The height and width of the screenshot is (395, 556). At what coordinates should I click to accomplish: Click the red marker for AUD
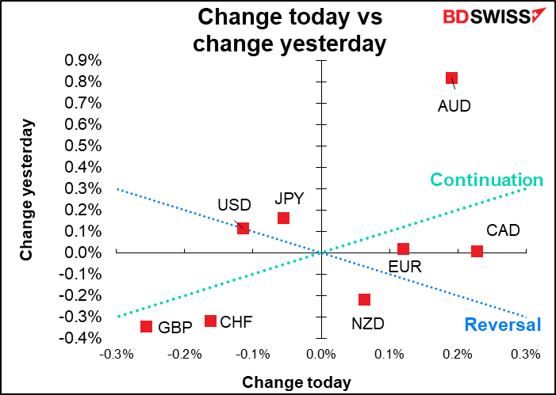point(451,78)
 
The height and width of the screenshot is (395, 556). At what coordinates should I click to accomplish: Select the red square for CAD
point(477,251)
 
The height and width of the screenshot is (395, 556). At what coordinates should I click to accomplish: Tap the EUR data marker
point(403,249)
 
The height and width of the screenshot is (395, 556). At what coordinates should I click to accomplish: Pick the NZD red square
point(364,299)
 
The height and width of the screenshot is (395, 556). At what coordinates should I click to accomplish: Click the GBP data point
point(146,326)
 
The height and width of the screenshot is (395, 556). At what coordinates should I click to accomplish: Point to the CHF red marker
point(210,321)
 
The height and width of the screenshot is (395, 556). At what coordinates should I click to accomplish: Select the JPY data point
point(283,218)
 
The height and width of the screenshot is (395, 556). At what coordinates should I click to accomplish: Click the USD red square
point(243,228)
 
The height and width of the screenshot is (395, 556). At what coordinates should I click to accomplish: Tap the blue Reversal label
point(502,325)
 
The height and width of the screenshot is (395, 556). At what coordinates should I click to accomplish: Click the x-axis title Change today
point(297,382)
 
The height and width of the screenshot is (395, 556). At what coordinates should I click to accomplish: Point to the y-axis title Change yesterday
point(27,190)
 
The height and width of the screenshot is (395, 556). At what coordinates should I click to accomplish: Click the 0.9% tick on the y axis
point(78,60)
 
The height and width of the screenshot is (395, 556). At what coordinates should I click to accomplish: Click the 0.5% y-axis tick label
point(78,146)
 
